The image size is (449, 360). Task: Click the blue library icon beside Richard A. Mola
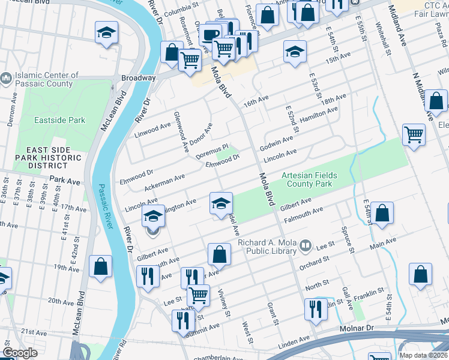[306, 244]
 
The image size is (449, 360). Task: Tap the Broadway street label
[138, 78]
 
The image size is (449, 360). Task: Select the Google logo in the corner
[20, 353]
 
